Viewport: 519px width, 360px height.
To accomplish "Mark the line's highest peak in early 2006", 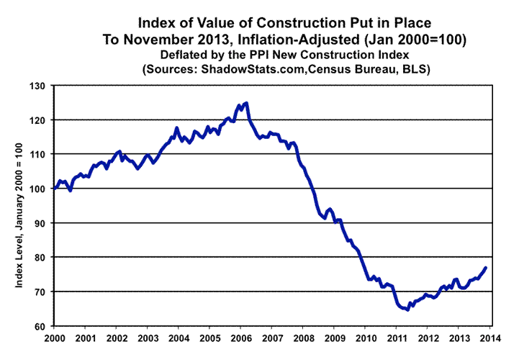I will (x=247, y=103).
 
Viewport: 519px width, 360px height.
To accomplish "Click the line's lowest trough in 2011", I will (x=407, y=310).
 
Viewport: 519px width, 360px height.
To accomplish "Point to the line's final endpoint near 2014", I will (x=486, y=268).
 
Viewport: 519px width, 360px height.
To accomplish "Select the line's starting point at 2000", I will (x=55, y=189).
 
